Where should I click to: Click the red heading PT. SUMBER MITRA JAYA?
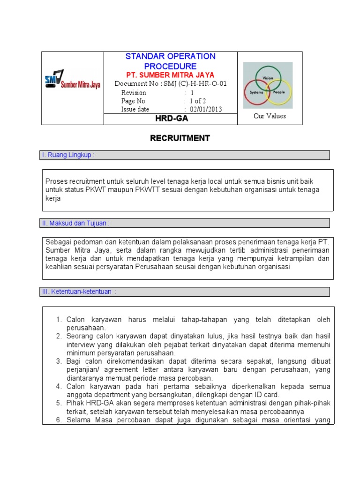click(x=171, y=75)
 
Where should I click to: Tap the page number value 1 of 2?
click(x=198, y=101)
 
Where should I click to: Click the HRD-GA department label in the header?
click(x=172, y=119)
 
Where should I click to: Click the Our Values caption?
click(x=270, y=116)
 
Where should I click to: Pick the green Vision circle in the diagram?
click(x=268, y=74)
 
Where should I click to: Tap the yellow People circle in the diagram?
click(x=281, y=94)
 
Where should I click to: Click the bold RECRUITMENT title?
click(x=180, y=138)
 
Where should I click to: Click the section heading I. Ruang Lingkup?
click(x=68, y=155)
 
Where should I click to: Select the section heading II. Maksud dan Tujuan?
click(x=76, y=223)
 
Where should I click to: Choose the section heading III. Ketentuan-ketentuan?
click(x=79, y=292)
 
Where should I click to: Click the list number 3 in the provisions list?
click(x=59, y=361)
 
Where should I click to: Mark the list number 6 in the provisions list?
click(x=59, y=420)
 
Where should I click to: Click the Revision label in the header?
click(x=134, y=92)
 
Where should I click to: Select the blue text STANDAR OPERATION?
click(x=171, y=56)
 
